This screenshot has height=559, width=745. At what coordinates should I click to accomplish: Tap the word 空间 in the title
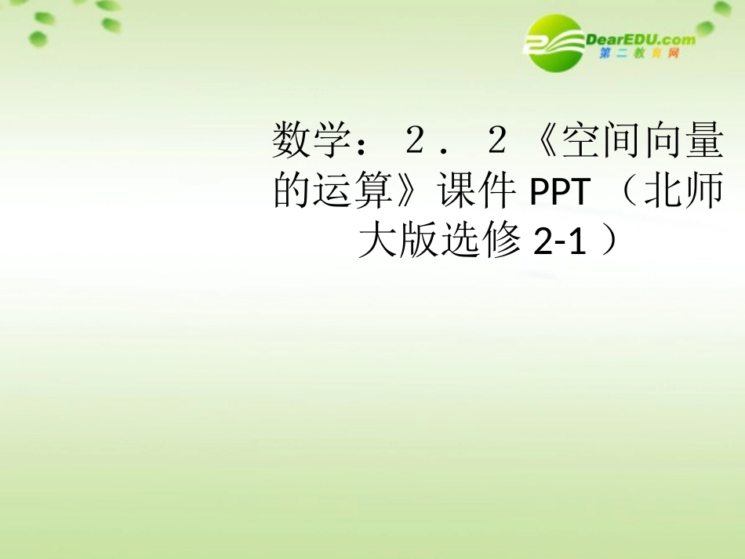tap(596, 143)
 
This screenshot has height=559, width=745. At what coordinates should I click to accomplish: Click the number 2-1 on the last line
tap(559, 242)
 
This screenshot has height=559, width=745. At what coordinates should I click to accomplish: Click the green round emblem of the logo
tap(554, 43)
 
